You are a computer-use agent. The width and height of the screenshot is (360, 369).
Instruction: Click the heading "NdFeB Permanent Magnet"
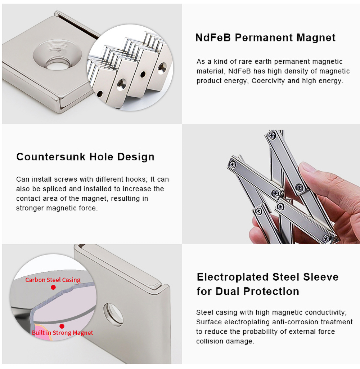point(265,37)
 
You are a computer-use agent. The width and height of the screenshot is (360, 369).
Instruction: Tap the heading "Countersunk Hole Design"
point(85,157)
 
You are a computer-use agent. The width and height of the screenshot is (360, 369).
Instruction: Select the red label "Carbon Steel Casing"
point(53,280)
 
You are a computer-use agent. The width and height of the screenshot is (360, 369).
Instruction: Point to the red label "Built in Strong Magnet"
point(63,333)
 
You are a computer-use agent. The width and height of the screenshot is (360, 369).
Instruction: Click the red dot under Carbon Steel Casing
point(53,287)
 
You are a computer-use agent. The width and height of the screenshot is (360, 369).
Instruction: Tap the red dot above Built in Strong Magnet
point(62,326)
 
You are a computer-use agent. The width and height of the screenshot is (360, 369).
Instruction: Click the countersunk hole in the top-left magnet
point(57,55)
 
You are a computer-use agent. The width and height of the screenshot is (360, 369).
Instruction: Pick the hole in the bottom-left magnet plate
point(113,315)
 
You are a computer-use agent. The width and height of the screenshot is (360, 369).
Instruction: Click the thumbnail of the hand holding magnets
point(271,184)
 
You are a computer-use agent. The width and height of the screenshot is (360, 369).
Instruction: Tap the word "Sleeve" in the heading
point(321,277)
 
